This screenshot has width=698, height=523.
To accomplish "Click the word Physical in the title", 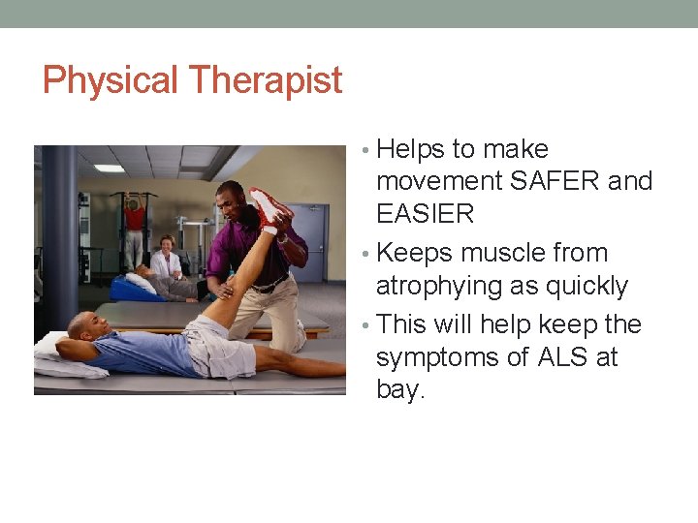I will point(110,80).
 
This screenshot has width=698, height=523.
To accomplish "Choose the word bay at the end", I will point(399,391).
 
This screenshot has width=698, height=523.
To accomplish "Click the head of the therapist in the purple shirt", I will point(229,198).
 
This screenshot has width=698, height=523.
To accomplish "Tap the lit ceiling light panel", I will point(109,168).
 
